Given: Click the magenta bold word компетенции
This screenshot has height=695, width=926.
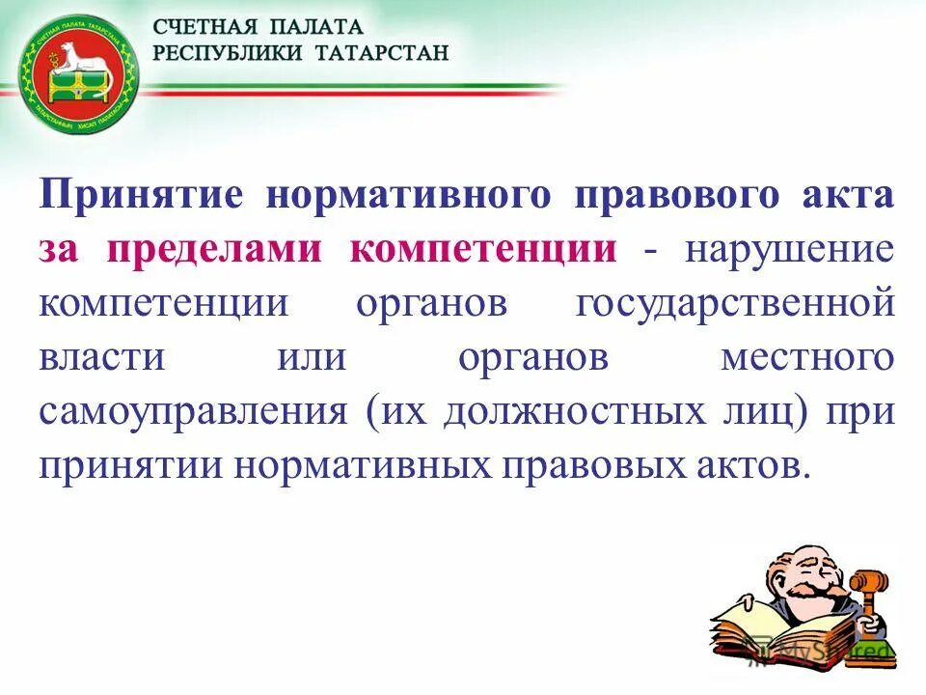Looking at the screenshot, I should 483,249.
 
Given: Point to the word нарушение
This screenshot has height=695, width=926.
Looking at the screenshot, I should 789,249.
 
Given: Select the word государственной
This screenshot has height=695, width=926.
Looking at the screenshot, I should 735,303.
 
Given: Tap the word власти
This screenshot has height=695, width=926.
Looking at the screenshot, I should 103,357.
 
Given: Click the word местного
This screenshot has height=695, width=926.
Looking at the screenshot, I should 807,357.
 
